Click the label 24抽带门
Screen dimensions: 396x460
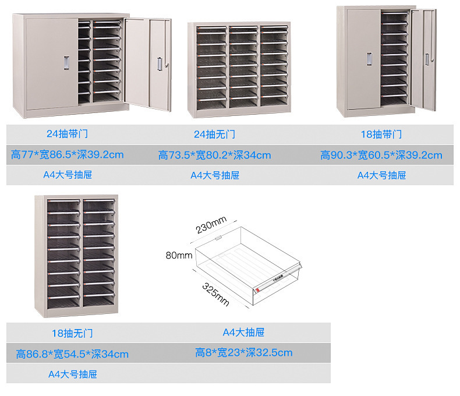[x=68, y=135]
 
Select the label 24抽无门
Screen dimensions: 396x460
[x=214, y=135]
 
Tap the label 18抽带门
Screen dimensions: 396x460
[x=381, y=135]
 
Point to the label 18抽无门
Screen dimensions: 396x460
[x=72, y=334]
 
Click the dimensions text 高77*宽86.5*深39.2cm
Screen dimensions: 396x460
[x=68, y=155]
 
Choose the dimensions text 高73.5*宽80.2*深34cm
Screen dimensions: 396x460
[x=214, y=155]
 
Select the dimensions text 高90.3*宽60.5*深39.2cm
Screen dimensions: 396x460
[x=381, y=155]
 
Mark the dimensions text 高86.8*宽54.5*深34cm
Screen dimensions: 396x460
[x=72, y=354]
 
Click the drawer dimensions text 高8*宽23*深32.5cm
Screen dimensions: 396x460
[x=243, y=352]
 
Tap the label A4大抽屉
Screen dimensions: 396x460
[x=243, y=333]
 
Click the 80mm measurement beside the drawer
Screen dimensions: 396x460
[x=179, y=255]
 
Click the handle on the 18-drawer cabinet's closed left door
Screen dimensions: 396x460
[x=369, y=59]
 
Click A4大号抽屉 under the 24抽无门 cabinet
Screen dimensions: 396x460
[x=214, y=175]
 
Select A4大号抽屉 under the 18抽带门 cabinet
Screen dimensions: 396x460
[x=381, y=175]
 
